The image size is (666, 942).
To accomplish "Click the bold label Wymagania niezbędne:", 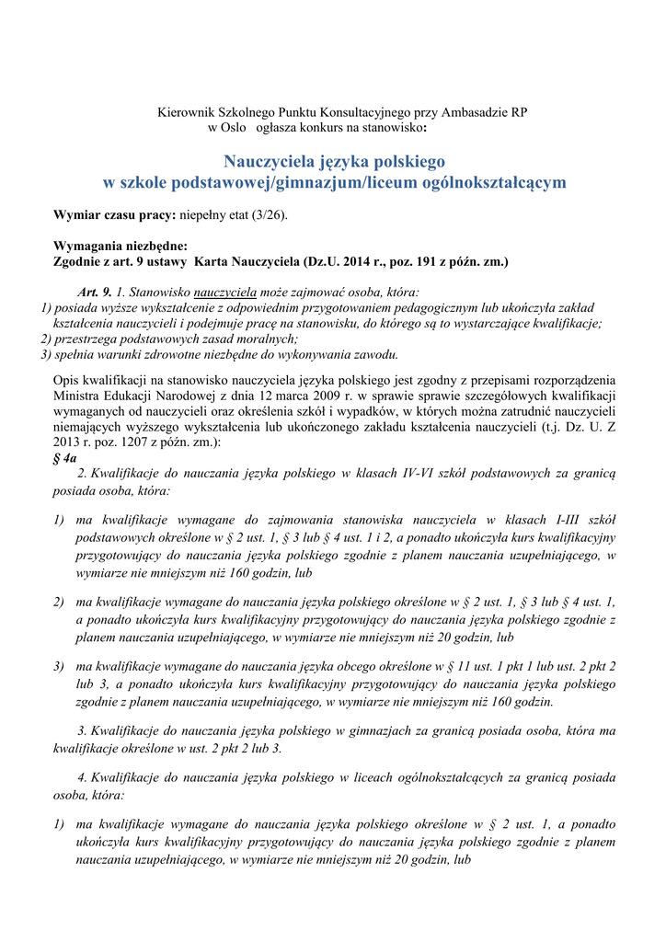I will (x=121, y=247).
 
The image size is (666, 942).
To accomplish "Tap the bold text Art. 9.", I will (x=95, y=292).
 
